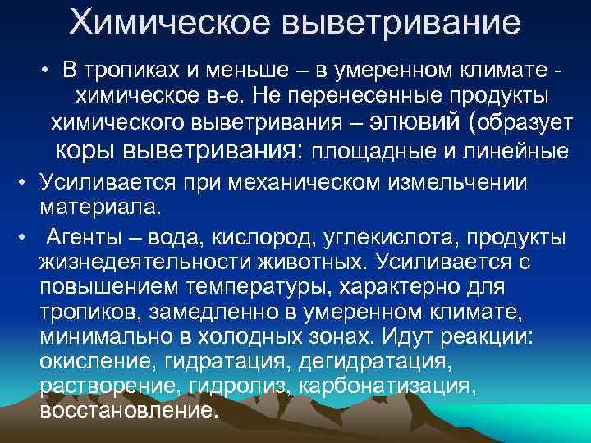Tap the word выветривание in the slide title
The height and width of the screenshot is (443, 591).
[x=401, y=24]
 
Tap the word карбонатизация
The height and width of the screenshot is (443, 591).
[x=385, y=386]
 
